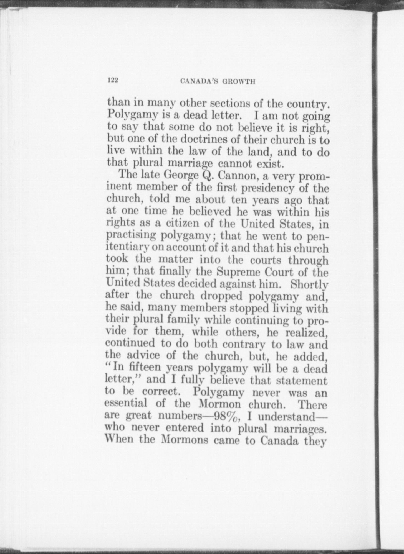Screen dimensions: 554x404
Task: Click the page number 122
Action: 113,80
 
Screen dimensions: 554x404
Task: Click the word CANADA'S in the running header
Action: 198,81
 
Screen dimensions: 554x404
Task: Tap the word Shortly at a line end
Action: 312,284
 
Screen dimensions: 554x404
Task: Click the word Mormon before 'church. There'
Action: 220,404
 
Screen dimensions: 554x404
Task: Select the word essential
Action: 126,403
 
